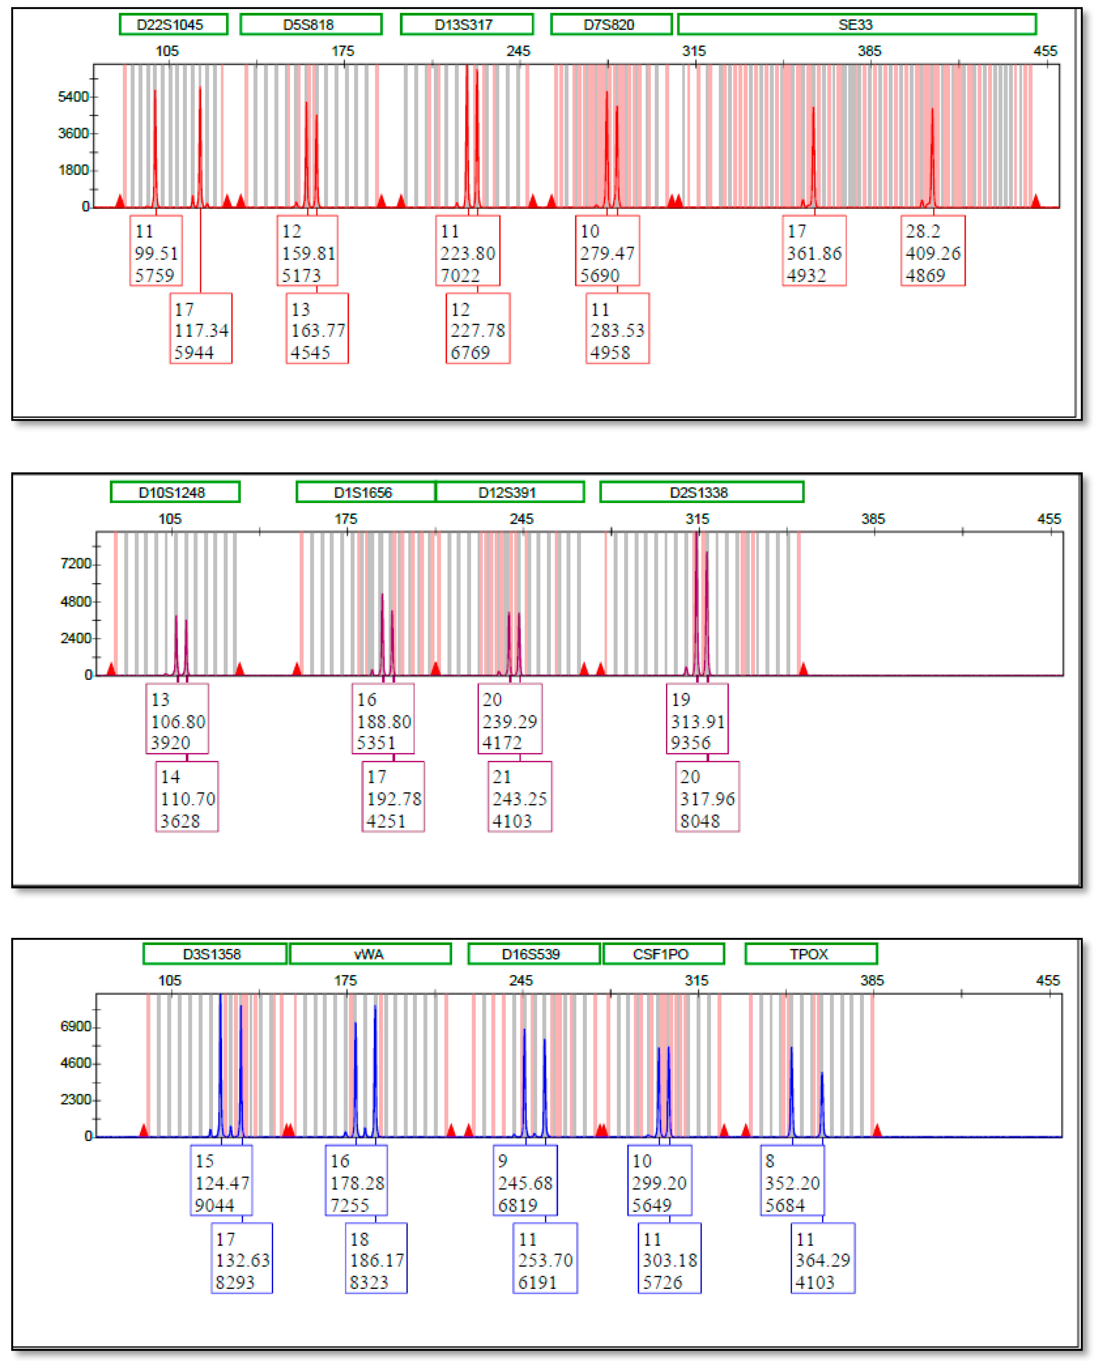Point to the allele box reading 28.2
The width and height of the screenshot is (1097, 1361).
pos(933,251)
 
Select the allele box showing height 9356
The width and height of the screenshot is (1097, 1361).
pos(697,719)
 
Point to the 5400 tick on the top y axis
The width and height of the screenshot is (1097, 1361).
pos(73,97)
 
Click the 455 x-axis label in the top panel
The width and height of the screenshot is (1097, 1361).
pos(1045,51)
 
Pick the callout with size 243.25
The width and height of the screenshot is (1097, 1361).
pos(519,797)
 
